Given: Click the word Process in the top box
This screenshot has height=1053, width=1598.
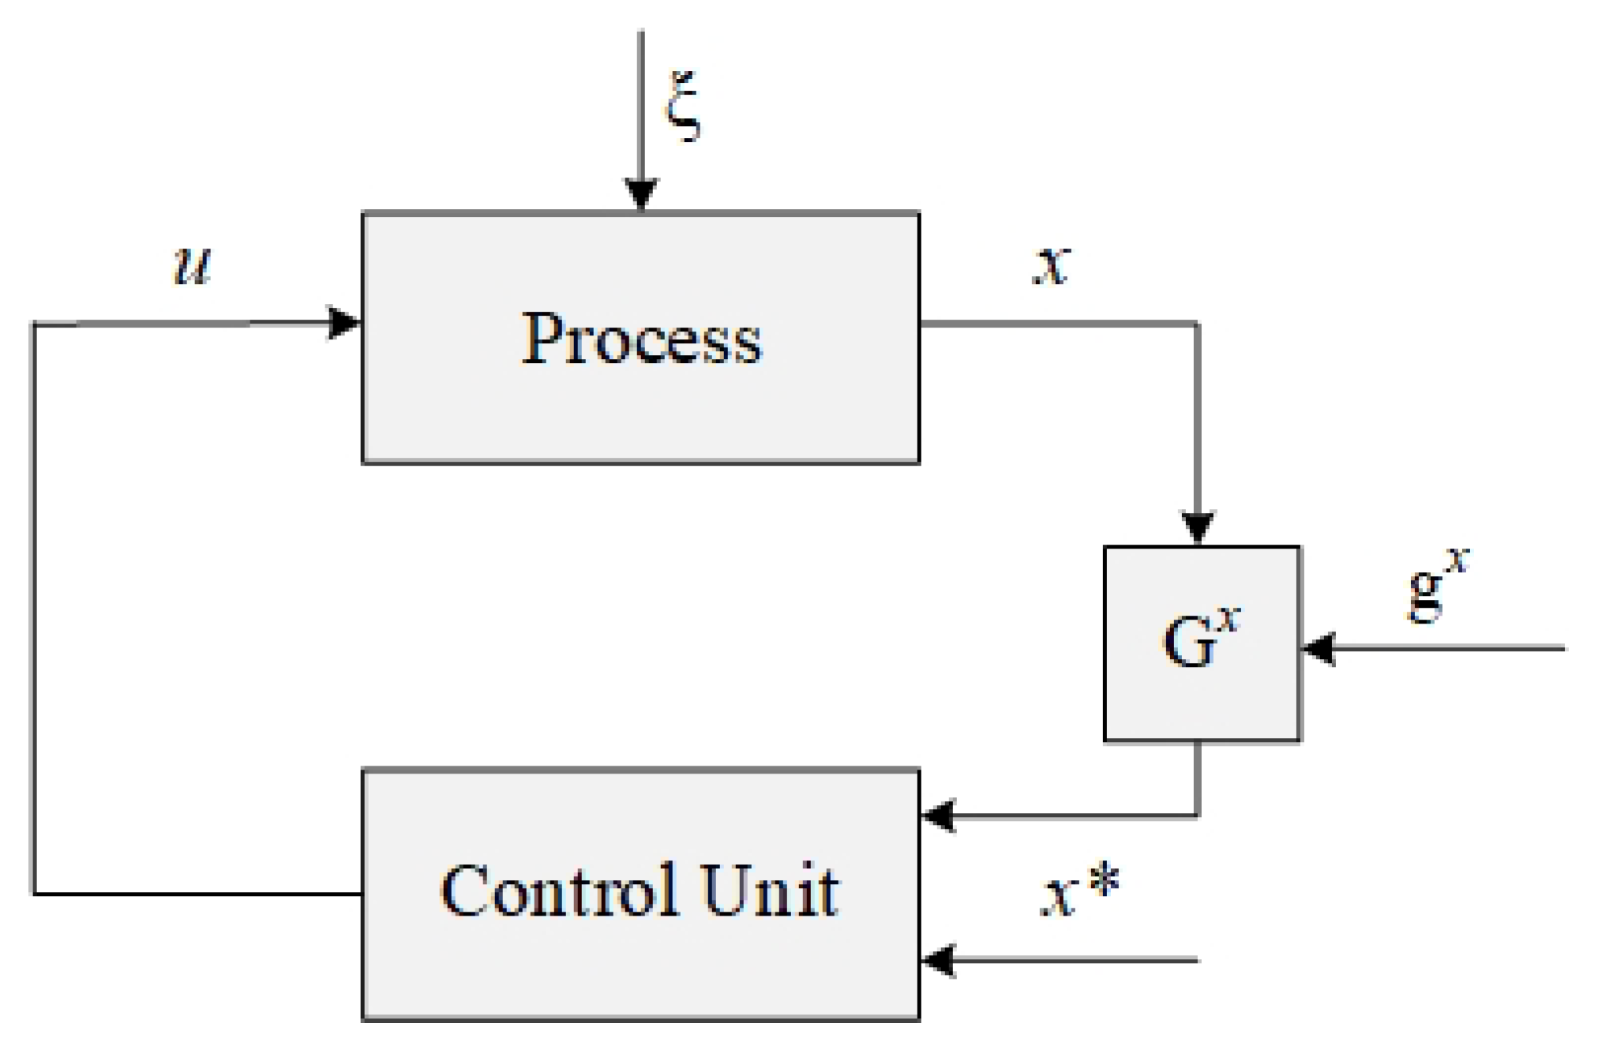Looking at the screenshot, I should point(641,339).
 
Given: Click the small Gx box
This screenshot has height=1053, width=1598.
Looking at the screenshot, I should point(1201,643).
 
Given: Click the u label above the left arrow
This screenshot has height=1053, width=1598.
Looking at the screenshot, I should point(193,264).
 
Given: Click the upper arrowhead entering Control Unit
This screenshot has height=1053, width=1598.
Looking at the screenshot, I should point(940,815).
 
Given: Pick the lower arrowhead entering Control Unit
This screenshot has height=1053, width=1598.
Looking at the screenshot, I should point(940,960).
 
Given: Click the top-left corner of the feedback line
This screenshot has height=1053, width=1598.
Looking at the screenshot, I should point(34,324).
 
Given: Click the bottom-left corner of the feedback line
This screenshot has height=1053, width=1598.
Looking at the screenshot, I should point(34,894).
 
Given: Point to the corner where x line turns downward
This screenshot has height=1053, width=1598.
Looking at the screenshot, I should point(1198,324).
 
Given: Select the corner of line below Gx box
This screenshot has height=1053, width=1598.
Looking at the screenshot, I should point(1198,815).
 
